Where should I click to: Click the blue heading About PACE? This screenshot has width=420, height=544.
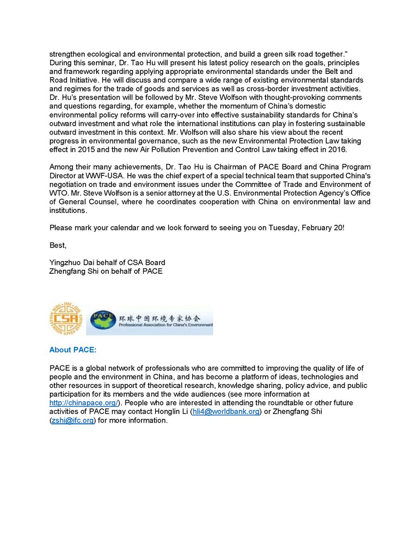click(73, 350)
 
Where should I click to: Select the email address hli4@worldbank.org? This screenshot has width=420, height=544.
click(226, 412)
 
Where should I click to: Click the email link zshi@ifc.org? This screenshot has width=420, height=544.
click(72, 420)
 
